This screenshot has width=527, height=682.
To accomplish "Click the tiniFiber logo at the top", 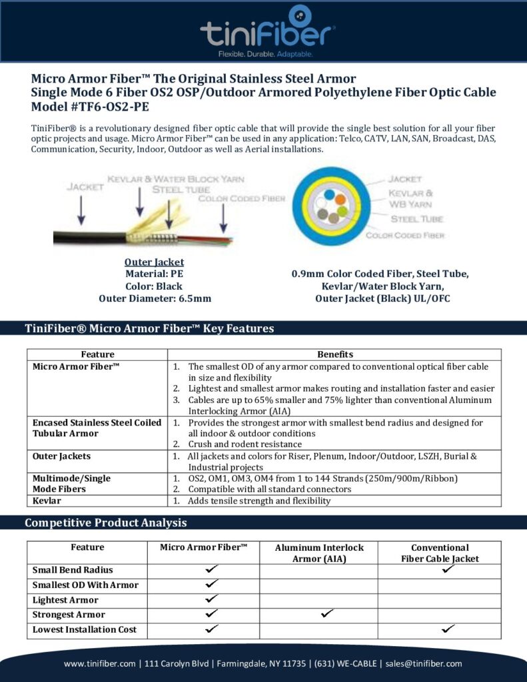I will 268,30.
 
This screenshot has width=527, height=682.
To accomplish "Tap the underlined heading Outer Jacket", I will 155,262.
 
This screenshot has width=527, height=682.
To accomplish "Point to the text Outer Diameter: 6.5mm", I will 155,298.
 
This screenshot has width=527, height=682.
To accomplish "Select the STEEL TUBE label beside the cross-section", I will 416,218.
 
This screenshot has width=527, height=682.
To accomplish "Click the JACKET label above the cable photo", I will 85,187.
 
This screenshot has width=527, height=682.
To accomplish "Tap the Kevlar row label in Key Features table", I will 49,500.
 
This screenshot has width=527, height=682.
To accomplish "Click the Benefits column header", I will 335,354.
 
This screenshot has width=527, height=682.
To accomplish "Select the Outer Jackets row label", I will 62,456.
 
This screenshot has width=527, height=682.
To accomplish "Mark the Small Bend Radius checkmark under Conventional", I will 448,569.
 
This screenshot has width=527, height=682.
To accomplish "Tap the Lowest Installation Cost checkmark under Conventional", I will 448,629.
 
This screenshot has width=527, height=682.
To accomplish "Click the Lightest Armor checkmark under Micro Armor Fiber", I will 212,599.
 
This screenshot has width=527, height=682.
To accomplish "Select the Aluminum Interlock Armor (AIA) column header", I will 319,553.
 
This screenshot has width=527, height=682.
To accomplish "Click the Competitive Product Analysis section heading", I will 105,523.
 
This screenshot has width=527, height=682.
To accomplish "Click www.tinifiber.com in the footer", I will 101,663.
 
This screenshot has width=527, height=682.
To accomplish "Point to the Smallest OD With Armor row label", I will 85,585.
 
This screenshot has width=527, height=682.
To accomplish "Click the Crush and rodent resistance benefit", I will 245,444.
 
